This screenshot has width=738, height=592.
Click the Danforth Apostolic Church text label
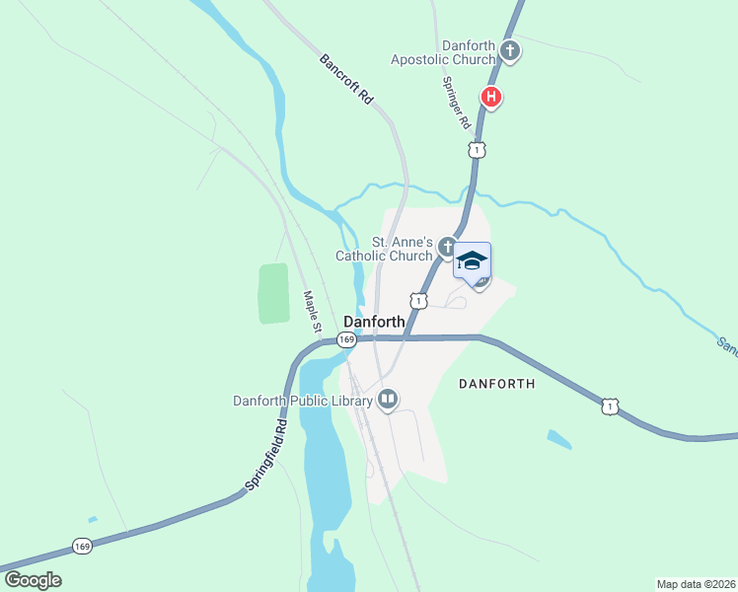point(442,51)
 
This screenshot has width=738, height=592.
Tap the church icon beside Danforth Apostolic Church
point(509,50)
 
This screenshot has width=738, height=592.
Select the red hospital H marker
point(490,97)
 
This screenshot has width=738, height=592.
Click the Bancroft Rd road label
point(345,78)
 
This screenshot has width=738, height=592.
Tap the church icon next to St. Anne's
point(447,247)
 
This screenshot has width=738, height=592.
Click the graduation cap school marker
point(472,261)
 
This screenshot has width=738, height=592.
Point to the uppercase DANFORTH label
point(496,384)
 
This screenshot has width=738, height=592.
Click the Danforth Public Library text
point(302,400)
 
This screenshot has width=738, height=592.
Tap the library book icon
point(388,400)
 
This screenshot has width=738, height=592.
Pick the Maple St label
point(313,311)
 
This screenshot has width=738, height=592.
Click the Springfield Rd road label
point(265,455)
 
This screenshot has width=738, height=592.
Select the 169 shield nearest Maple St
point(345,339)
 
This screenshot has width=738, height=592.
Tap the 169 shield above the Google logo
point(83,546)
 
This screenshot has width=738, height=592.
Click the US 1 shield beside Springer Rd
point(477,149)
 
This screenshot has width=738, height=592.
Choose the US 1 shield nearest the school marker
point(420,299)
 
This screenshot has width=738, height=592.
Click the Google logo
point(33,579)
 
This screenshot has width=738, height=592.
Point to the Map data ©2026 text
point(696,583)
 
